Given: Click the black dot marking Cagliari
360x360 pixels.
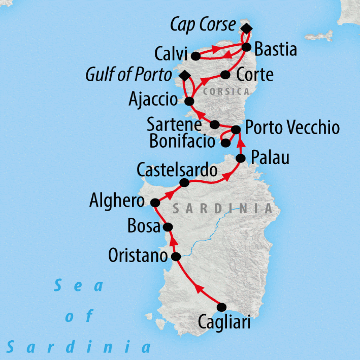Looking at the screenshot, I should [221, 307].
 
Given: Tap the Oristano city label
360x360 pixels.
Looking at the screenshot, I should [137, 256].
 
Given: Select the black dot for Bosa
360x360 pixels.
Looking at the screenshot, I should [168, 227].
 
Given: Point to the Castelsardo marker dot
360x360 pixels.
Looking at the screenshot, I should [184, 183].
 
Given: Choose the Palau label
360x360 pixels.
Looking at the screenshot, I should [270, 158].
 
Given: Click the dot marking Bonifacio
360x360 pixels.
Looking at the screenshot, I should [226, 143].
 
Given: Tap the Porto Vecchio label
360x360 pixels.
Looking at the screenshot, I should [292, 128].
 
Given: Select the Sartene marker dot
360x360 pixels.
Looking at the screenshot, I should [215, 124].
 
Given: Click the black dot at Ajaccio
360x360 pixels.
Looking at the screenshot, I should [189, 102].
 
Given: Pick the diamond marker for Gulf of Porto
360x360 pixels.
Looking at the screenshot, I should [184, 75].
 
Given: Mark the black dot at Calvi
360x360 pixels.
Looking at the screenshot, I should [195, 56].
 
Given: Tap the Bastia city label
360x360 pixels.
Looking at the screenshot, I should [276, 49].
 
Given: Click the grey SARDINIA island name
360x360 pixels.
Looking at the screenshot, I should [223, 208].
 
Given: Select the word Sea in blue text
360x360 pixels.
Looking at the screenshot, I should [79, 285].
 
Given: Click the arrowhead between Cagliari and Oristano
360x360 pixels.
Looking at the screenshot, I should [199, 289].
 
